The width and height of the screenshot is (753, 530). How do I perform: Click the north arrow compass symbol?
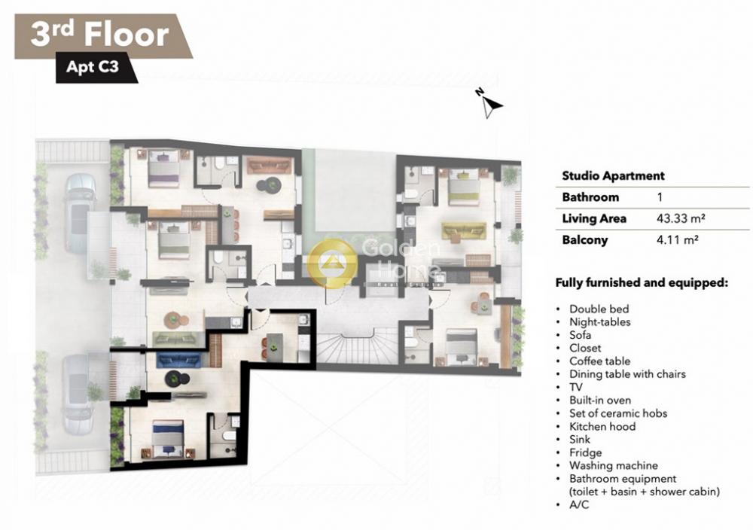point(490,102)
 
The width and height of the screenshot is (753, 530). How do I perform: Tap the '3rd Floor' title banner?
point(103,36)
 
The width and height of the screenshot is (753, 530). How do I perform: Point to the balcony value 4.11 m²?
point(677,239)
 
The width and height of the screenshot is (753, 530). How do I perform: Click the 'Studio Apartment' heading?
point(613,175)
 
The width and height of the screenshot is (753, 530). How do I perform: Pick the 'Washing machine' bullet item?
point(613,465)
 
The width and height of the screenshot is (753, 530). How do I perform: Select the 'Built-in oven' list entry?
point(600,400)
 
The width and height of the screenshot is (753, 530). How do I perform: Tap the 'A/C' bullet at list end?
point(578,504)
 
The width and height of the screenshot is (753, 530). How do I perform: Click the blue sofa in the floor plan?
point(178,360)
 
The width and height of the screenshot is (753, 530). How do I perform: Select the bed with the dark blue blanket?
point(168,438)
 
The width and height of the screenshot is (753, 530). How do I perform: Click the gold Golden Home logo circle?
point(332,263)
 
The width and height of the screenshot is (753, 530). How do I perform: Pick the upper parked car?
point(81,213)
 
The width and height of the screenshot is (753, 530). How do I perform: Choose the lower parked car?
point(78,394)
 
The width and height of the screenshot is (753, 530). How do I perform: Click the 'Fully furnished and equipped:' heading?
point(642,283)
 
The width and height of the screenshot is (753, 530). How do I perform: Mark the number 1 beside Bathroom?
point(660,196)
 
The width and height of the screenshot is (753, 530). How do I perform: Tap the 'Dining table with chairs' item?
point(627,374)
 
